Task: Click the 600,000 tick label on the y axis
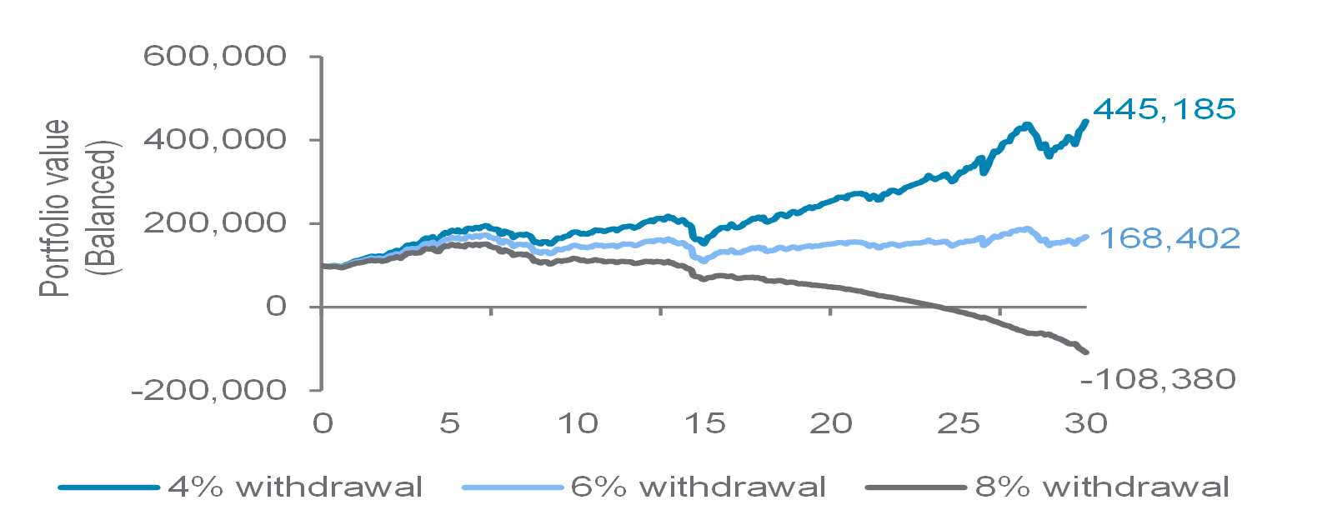click(x=215, y=57)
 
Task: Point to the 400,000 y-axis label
click(x=215, y=139)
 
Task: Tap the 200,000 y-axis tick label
click(x=215, y=222)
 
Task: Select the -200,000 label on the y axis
click(x=208, y=389)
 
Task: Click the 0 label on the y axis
click(x=276, y=306)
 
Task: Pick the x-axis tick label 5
click(x=450, y=423)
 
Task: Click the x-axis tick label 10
click(x=578, y=423)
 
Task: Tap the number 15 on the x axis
click(x=705, y=423)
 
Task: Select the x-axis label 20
click(x=831, y=423)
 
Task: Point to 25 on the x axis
click(x=959, y=423)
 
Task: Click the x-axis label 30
click(x=1086, y=423)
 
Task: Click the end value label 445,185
click(x=1164, y=109)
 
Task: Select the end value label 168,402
click(x=1169, y=238)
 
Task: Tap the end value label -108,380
click(x=1158, y=379)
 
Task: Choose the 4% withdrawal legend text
click(x=295, y=487)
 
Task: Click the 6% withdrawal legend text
click(x=699, y=487)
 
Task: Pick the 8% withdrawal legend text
click(x=1102, y=487)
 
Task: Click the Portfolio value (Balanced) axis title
click(x=80, y=208)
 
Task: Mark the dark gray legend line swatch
click(x=916, y=487)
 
